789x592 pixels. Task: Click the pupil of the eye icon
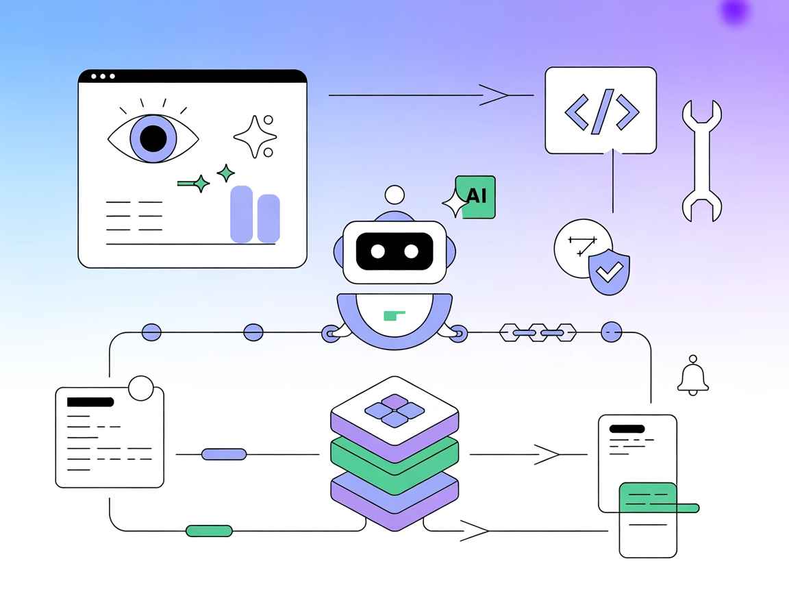pos(153,138)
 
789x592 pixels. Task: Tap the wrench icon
pos(701,161)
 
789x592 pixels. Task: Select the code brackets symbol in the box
pos(601,110)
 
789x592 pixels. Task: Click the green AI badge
pos(477,197)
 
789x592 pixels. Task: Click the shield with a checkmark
pos(609,272)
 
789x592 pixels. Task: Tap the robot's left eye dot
pos(378,251)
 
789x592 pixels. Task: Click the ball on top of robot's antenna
pos(394,195)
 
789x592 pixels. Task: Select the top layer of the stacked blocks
pos(394,410)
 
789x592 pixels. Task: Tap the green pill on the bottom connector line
pos(209,530)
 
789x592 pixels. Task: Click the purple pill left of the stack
pos(224,454)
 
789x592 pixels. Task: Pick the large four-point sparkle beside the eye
pos(254,136)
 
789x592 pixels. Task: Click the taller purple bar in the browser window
pos(242,214)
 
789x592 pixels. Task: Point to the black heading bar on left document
pos(90,402)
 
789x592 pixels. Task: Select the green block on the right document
pos(648,497)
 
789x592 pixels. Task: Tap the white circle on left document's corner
pos(141,388)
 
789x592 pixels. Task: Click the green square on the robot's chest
pos(394,315)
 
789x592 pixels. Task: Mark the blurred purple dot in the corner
pos(735,12)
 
